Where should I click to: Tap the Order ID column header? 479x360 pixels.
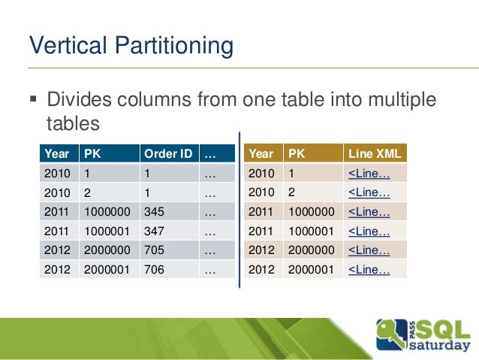(x=167, y=154)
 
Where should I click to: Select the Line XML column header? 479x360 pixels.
(x=375, y=154)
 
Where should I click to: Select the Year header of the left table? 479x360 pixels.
(x=57, y=154)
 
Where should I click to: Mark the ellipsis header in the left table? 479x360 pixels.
(x=209, y=154)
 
